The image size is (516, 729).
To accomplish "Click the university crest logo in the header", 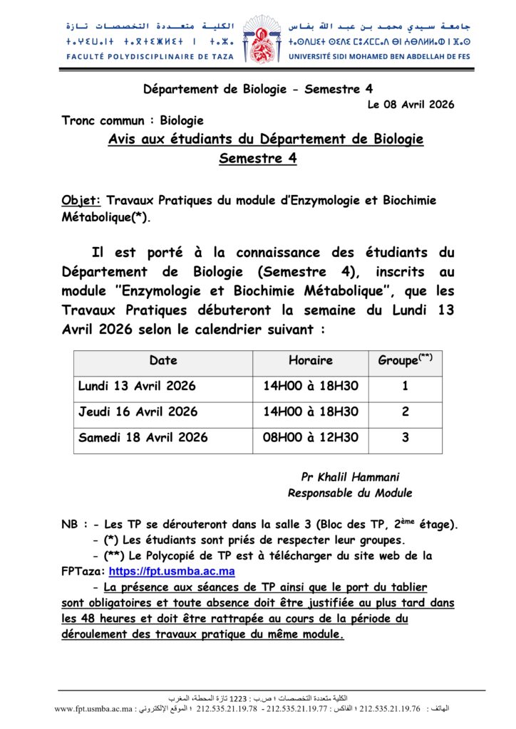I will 259,38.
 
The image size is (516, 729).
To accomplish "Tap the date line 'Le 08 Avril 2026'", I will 411,105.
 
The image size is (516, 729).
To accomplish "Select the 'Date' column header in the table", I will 163,361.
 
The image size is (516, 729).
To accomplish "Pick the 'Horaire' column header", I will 311,361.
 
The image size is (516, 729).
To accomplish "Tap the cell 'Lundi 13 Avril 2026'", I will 137,387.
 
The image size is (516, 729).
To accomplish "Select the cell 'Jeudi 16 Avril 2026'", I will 138,412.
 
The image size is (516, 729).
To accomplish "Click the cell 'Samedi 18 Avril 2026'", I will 143,438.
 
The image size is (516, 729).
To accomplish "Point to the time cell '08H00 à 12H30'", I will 311,438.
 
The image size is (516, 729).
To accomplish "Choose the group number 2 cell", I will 405,412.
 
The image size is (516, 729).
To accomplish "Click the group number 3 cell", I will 405,438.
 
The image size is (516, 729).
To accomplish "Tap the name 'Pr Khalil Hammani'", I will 350,478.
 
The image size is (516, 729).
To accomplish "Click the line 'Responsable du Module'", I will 350,493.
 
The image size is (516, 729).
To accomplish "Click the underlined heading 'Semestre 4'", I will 257,159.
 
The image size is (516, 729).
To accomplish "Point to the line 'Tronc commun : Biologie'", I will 133,121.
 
